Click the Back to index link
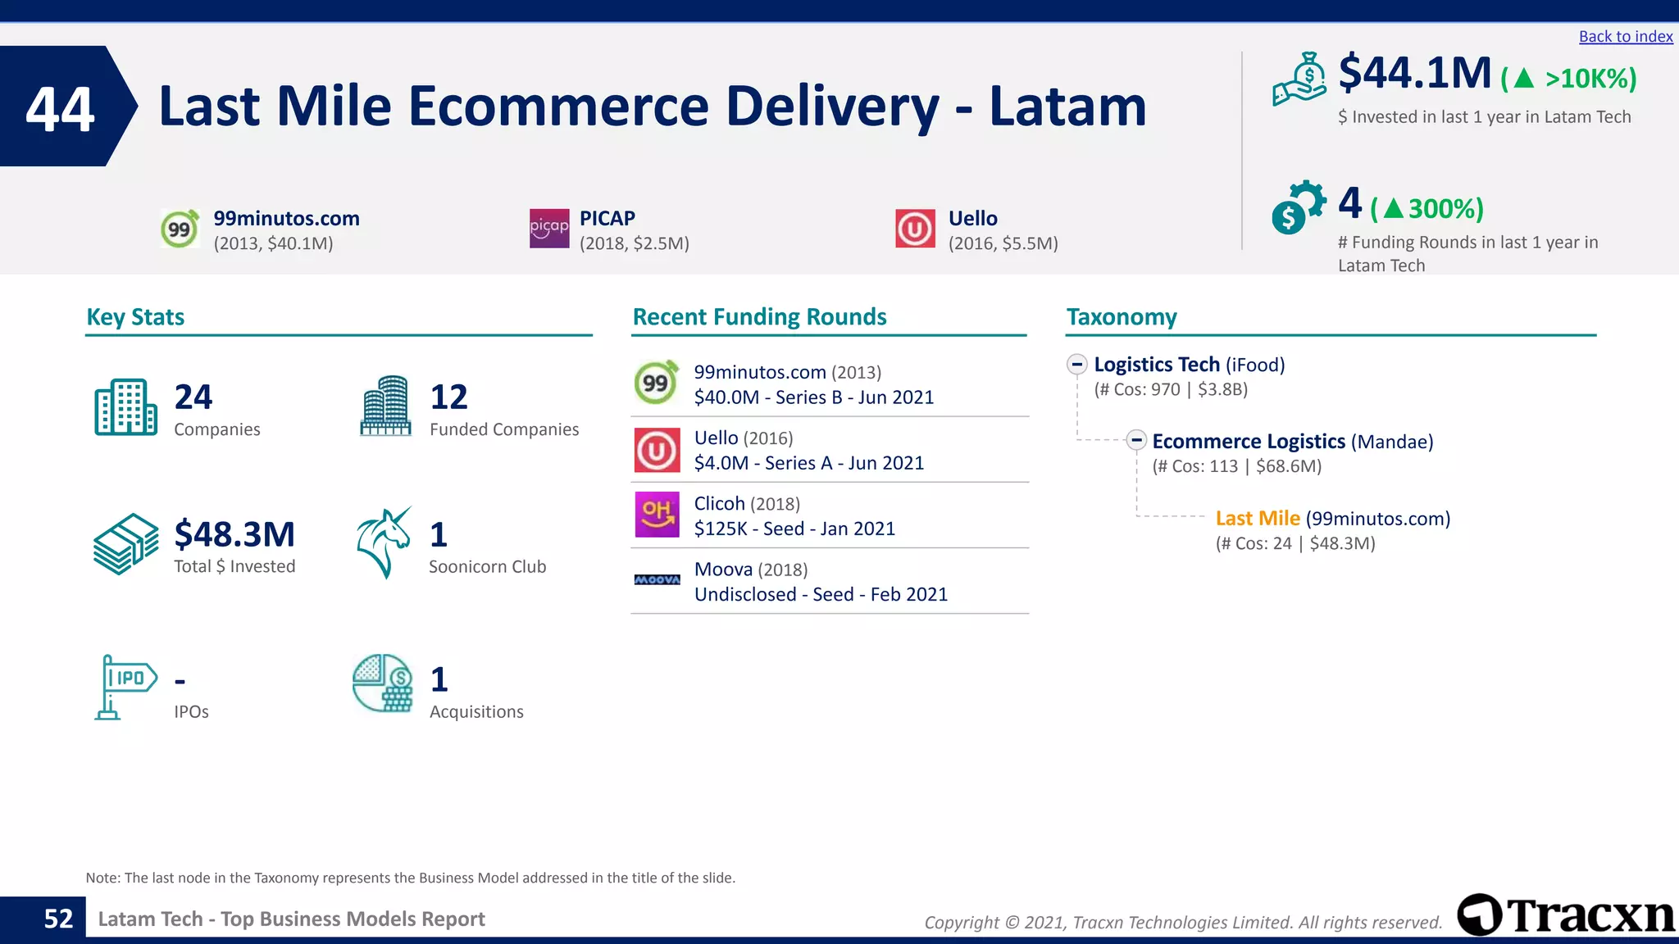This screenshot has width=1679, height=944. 1625,37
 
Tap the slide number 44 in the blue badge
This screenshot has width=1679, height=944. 60,109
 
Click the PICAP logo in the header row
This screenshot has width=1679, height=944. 548,228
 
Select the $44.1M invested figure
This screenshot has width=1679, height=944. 1414,74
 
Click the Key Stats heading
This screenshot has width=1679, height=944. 135,317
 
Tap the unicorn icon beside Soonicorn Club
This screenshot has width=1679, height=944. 384,542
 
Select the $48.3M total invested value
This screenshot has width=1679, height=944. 234,534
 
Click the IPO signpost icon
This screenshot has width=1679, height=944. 124,687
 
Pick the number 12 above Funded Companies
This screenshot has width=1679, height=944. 448,397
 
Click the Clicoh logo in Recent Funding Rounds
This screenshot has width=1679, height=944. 657,515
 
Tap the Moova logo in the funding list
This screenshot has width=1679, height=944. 657,579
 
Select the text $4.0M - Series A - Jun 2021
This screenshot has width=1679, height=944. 808,463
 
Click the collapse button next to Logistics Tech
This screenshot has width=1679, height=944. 1077,365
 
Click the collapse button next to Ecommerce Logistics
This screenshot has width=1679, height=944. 1135,441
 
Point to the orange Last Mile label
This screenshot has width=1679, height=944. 1257,519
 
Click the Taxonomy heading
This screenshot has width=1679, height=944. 1121,317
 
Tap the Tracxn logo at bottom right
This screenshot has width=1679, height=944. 1566,914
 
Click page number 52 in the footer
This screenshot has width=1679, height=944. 58,919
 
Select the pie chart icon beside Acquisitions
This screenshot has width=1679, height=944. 382,683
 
